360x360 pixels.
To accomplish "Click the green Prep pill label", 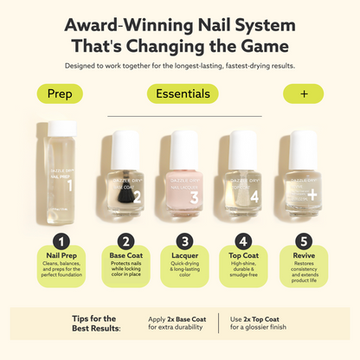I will click(x=60, y=93).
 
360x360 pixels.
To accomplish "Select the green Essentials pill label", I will click(x=182, y=93).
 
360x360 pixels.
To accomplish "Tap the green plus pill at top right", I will click(x=303, y=93).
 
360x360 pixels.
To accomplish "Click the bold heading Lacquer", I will click(x=182, y=257).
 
